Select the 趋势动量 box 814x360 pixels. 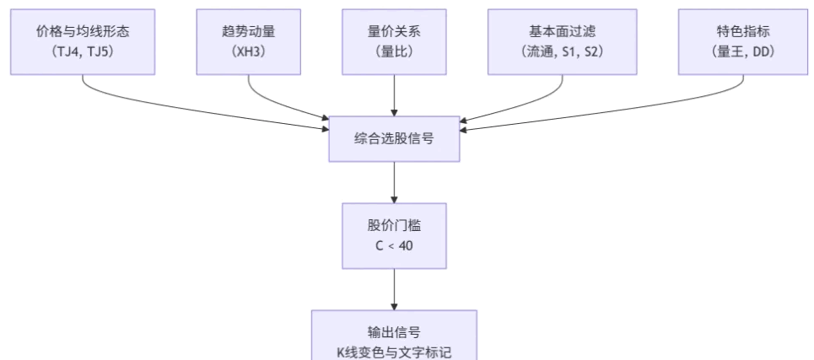[248, 40]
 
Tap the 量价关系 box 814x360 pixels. [394, 40]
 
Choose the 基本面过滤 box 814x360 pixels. [563, 40]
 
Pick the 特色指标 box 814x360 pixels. [742, 40]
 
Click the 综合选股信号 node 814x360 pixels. [394, 138]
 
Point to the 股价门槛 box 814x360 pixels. [394, 235]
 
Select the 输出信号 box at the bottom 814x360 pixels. [394, 337]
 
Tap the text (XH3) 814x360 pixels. [248, 51]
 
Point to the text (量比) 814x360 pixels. [394, 51]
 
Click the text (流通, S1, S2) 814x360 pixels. [563, 51]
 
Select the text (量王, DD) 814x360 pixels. [742, 51]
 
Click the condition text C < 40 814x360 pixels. [394, 245]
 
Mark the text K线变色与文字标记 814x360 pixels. [394, 348]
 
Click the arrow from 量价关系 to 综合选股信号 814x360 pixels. [394, 94]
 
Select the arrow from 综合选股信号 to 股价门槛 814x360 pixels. [394, 181]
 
